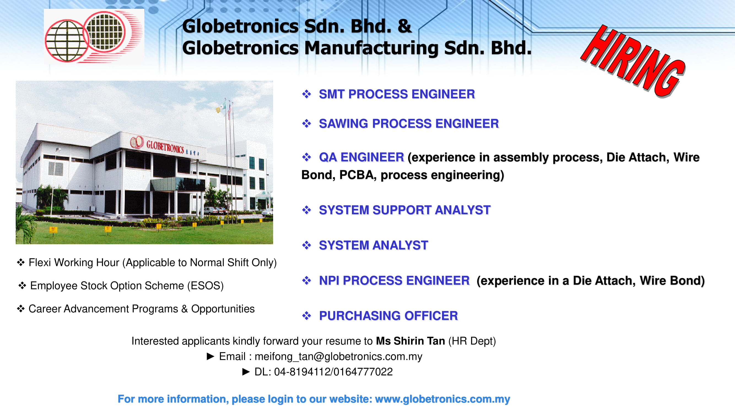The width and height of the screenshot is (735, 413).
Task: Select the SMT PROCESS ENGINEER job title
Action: point(397,94)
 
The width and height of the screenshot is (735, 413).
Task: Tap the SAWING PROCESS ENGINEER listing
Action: point(409,124)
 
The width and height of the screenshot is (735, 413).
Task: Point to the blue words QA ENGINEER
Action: point(361,157)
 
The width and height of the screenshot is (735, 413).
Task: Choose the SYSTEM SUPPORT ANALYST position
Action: point(405,210)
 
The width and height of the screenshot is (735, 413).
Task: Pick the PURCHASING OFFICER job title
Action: point(388,316)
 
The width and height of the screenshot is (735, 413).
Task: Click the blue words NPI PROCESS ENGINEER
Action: point(394,281)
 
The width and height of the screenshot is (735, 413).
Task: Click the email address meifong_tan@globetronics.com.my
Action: point(338,357)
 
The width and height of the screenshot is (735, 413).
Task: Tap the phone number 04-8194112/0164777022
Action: point(333,372)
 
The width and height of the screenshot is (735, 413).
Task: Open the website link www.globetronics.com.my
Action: point(442,399)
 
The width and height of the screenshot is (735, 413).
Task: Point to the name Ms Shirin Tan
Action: point(410,341)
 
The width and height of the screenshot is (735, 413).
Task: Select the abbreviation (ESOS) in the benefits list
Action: point(205,286)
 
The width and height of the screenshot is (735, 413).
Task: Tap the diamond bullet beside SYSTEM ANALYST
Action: point(306,245)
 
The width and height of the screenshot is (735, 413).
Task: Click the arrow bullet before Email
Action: point(211,356)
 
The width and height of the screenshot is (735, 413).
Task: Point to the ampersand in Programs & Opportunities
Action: point(184,309)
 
